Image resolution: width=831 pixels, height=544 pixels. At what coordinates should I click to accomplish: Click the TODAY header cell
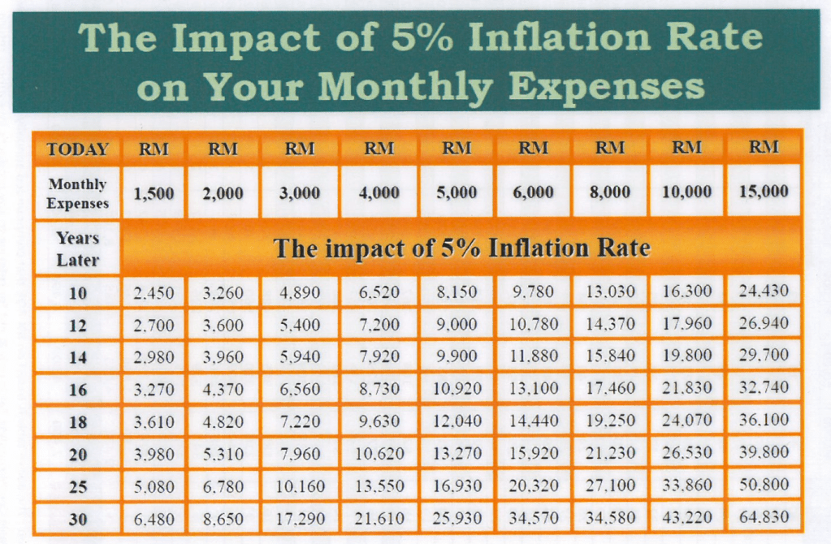[78, 149]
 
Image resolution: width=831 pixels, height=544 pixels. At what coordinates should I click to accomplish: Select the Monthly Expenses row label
[78, 193]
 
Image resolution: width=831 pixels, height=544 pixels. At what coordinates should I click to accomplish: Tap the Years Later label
[78, 249]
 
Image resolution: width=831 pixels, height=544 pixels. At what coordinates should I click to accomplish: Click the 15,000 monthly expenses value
[764, 192]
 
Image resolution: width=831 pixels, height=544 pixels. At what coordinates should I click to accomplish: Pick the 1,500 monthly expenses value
[154, 193]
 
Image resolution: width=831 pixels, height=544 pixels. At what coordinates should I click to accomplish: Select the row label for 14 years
[78, 356]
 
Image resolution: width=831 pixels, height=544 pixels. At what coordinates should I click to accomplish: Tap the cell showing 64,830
[764, 517]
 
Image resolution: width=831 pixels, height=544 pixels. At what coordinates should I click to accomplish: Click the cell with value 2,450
[154, 292]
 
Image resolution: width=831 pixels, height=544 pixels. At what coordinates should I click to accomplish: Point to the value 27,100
[610, 486]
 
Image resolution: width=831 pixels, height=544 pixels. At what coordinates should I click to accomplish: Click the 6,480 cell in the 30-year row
[154, 518]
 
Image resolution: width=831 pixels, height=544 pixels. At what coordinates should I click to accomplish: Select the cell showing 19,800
[687, 356]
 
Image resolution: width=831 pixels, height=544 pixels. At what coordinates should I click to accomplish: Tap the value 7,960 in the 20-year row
[300, 454]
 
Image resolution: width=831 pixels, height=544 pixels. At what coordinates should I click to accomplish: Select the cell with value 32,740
[764, 388]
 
